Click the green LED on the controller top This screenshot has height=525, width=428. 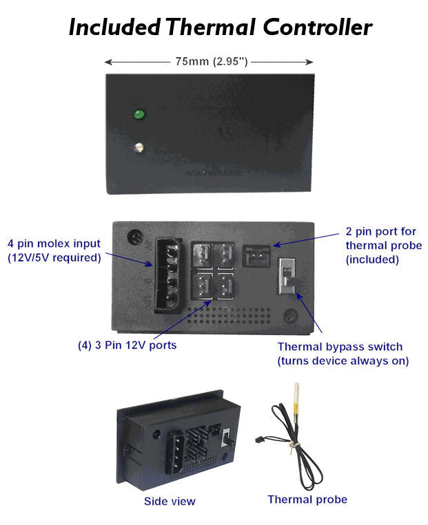click(139, 114)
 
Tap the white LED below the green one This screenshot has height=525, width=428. click(139, 147)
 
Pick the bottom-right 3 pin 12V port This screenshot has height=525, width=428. click(226, 283)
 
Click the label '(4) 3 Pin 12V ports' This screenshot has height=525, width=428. click(127, 345)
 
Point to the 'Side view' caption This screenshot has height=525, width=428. click(170, 501)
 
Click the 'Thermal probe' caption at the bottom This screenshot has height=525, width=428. click(307, 500)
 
